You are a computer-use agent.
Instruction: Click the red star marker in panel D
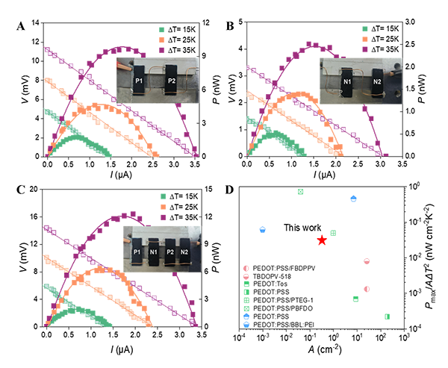point(322,240)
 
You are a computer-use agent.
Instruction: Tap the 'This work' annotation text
point(302,228)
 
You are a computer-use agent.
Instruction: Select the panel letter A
point(21,26)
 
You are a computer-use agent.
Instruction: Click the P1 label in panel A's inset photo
point(139,81)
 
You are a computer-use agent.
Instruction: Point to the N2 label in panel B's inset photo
point(377,81)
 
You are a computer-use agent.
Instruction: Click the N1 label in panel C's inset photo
point(153,252)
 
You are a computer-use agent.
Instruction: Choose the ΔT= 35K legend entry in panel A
point(178,50)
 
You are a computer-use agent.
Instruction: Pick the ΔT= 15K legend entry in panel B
point(381,29)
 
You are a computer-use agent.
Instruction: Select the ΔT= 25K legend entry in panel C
point(179,208)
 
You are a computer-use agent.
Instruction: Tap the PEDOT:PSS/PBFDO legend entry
point(278,308)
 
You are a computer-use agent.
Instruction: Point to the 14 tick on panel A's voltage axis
point(35,22)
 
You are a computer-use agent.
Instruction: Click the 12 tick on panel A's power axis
point(205,22)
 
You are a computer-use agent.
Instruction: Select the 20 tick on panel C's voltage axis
point(34,189)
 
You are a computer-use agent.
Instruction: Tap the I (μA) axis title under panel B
point(325,174)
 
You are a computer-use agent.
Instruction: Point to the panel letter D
point(230,190)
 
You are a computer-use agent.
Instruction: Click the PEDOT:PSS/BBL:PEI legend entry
point(279,325)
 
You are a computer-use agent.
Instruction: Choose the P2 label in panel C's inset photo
point(170,252)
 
